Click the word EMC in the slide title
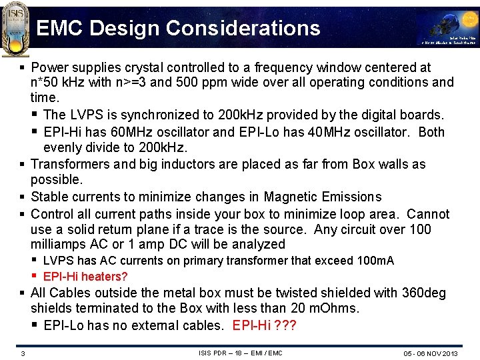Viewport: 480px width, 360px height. click(x=59, y=28)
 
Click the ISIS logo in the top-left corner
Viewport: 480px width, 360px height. click(x=15, y=23)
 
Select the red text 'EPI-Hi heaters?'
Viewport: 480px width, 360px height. click(x=85, y=277)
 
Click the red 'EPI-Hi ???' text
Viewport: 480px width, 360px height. click(x=265, y=325)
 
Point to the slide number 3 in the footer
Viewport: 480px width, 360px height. click(x=22, y=353)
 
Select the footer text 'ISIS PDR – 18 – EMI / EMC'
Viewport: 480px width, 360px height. click(x=241, y=353)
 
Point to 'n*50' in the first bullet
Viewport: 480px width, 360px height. click(x=45, y=83)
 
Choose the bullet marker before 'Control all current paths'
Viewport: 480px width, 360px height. click(x=23, y=214)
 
